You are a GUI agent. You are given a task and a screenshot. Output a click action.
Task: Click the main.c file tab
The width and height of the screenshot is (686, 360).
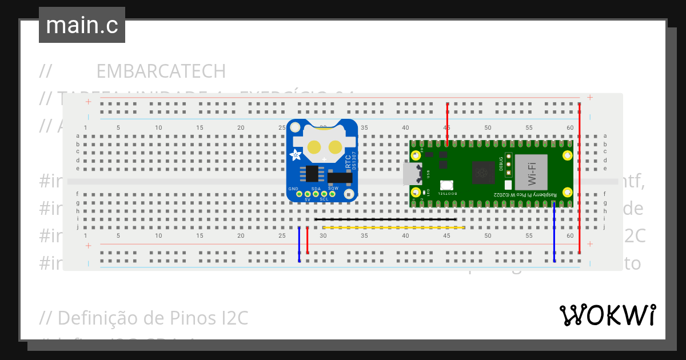(x=82, y=25)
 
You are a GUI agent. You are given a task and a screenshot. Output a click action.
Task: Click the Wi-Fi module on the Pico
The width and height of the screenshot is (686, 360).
(x=531, y=172)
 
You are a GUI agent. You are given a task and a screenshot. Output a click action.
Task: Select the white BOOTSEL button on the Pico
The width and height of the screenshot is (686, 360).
(x=446, y=185)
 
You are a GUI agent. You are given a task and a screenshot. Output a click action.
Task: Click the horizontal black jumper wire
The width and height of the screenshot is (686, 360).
(x=385, y=219)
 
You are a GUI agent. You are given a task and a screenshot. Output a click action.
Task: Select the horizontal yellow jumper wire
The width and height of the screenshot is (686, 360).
(x=393, y=227)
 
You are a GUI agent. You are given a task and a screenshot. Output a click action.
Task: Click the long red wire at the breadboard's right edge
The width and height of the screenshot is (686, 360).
(x=580, y=177)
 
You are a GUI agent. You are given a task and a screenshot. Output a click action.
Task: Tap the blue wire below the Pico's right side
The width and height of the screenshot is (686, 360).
(x=554, y=234)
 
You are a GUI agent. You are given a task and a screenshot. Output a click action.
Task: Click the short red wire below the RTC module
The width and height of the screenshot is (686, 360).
(x=308, y=240)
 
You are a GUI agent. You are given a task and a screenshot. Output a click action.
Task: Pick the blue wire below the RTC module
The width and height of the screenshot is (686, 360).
(x=299, y=245)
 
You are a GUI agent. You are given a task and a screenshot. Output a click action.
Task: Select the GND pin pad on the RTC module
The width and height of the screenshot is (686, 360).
(x=299, y=195)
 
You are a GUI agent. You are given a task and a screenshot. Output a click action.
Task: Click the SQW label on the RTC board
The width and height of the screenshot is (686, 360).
(x=333, y=188)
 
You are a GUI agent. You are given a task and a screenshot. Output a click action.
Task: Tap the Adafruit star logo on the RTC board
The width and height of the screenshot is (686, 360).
(x=296, y=155)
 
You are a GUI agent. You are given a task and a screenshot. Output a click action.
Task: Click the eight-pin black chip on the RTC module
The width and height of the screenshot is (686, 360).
(x=312, y=173)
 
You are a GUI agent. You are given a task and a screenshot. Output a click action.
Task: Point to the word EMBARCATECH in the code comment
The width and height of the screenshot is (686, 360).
(x=161, y=71)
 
